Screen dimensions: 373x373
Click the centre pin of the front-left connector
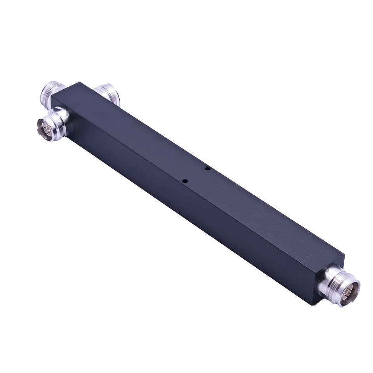(42, 125)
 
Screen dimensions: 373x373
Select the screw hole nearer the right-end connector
(208, 168)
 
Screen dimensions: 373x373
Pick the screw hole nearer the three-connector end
(185, 180)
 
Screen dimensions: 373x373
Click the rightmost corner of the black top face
(344, 255)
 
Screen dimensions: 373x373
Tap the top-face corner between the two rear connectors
(81, 82)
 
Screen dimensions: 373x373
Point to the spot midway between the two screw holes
(197, 174)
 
